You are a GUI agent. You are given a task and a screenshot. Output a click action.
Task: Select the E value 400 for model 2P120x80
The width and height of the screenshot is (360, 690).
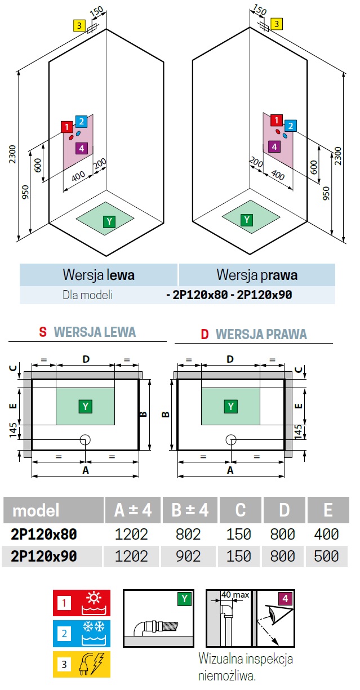(x=327, y=533)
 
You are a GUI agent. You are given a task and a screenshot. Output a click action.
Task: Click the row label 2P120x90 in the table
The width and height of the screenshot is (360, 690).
(x=44, y=557)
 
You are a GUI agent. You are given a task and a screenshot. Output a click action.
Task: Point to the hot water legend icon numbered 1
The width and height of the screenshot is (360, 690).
(x=82, y=603)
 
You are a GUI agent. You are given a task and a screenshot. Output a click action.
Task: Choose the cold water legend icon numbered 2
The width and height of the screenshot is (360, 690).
(x=82, y=634)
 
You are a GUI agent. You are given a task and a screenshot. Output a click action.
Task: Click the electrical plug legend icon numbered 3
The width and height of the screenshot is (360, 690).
(x=82, y=664)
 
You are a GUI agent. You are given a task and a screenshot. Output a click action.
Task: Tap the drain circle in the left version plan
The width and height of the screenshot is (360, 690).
(x=85, y=440)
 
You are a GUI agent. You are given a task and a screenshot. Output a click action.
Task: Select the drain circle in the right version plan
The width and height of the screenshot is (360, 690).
(x=230, y=440)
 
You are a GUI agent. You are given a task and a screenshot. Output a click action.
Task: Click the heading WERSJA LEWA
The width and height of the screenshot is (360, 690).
(x=95, y=332)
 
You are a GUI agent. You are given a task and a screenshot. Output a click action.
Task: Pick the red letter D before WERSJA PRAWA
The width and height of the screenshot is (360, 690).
(x=205, y=335)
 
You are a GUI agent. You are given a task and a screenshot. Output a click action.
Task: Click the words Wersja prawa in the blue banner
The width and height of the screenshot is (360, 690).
(x=257, y=275)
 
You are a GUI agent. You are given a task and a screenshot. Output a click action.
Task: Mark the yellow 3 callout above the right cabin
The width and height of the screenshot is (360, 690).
(x=277, y=24)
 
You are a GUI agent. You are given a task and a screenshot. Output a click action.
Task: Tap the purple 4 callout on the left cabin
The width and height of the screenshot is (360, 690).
(x=81, y=148)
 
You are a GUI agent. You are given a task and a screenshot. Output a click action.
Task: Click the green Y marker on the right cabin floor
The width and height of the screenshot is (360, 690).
(x=246, y=220)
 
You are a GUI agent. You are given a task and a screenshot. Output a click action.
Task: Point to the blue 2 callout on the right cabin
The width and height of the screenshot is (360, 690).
(x=290, y=126)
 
